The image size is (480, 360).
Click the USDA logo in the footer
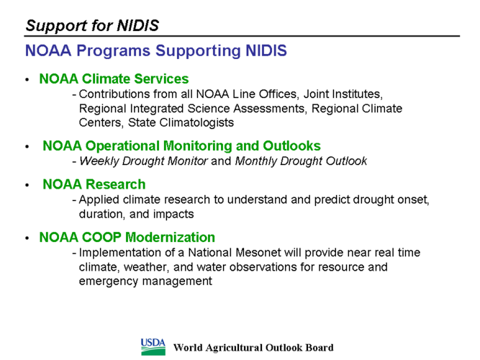coord(153,347)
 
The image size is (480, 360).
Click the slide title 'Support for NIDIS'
coord(92,25)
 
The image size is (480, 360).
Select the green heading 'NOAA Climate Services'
coord(114,78)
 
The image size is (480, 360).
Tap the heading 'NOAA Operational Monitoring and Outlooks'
coord(181,146)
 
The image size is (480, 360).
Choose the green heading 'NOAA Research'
coord(94,184)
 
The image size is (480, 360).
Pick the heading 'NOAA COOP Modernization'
coord(127,238)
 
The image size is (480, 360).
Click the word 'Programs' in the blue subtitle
coord(113,51)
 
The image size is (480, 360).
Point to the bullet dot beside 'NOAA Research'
coord(27,185)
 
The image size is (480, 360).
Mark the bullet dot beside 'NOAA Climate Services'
coord(27,80)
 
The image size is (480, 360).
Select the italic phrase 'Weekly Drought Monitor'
coord(143,161)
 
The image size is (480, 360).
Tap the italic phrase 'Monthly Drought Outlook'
coord(301,161)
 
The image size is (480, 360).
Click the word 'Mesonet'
coord(258,253)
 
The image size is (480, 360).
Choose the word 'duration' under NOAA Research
coord(101,214)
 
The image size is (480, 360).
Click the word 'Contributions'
coord(114,94)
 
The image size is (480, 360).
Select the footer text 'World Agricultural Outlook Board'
coord(253,348)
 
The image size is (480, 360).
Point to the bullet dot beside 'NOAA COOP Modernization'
coord(27,238)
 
